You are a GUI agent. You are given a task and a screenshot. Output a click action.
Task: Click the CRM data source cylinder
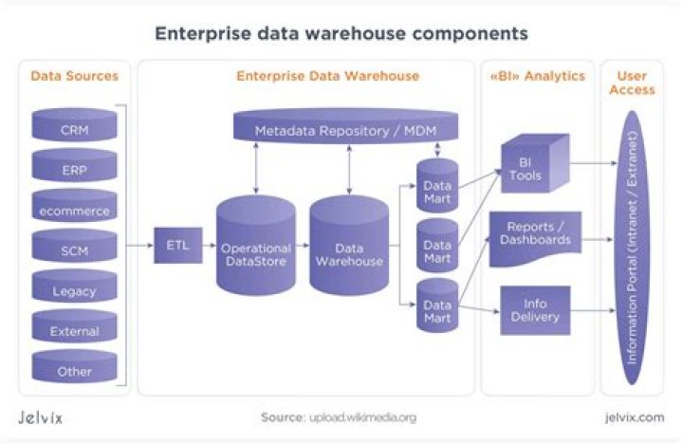tap(75, 128)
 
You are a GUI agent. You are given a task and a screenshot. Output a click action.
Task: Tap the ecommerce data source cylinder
tap(75, 209)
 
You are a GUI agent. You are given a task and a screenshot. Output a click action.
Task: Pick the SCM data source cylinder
tap(75, 249)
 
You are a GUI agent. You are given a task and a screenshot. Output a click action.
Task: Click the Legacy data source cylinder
tap(75, 289)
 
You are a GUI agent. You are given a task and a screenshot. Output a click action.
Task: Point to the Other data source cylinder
tap(75, 370)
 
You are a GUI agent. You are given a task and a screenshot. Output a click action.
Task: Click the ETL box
tap(177, 246)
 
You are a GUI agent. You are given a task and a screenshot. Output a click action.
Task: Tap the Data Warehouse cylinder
tap(349, 249)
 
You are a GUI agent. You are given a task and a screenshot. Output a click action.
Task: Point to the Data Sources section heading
tap(75, 75)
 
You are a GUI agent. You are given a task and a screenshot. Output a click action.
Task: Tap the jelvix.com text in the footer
tap(633, 417)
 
